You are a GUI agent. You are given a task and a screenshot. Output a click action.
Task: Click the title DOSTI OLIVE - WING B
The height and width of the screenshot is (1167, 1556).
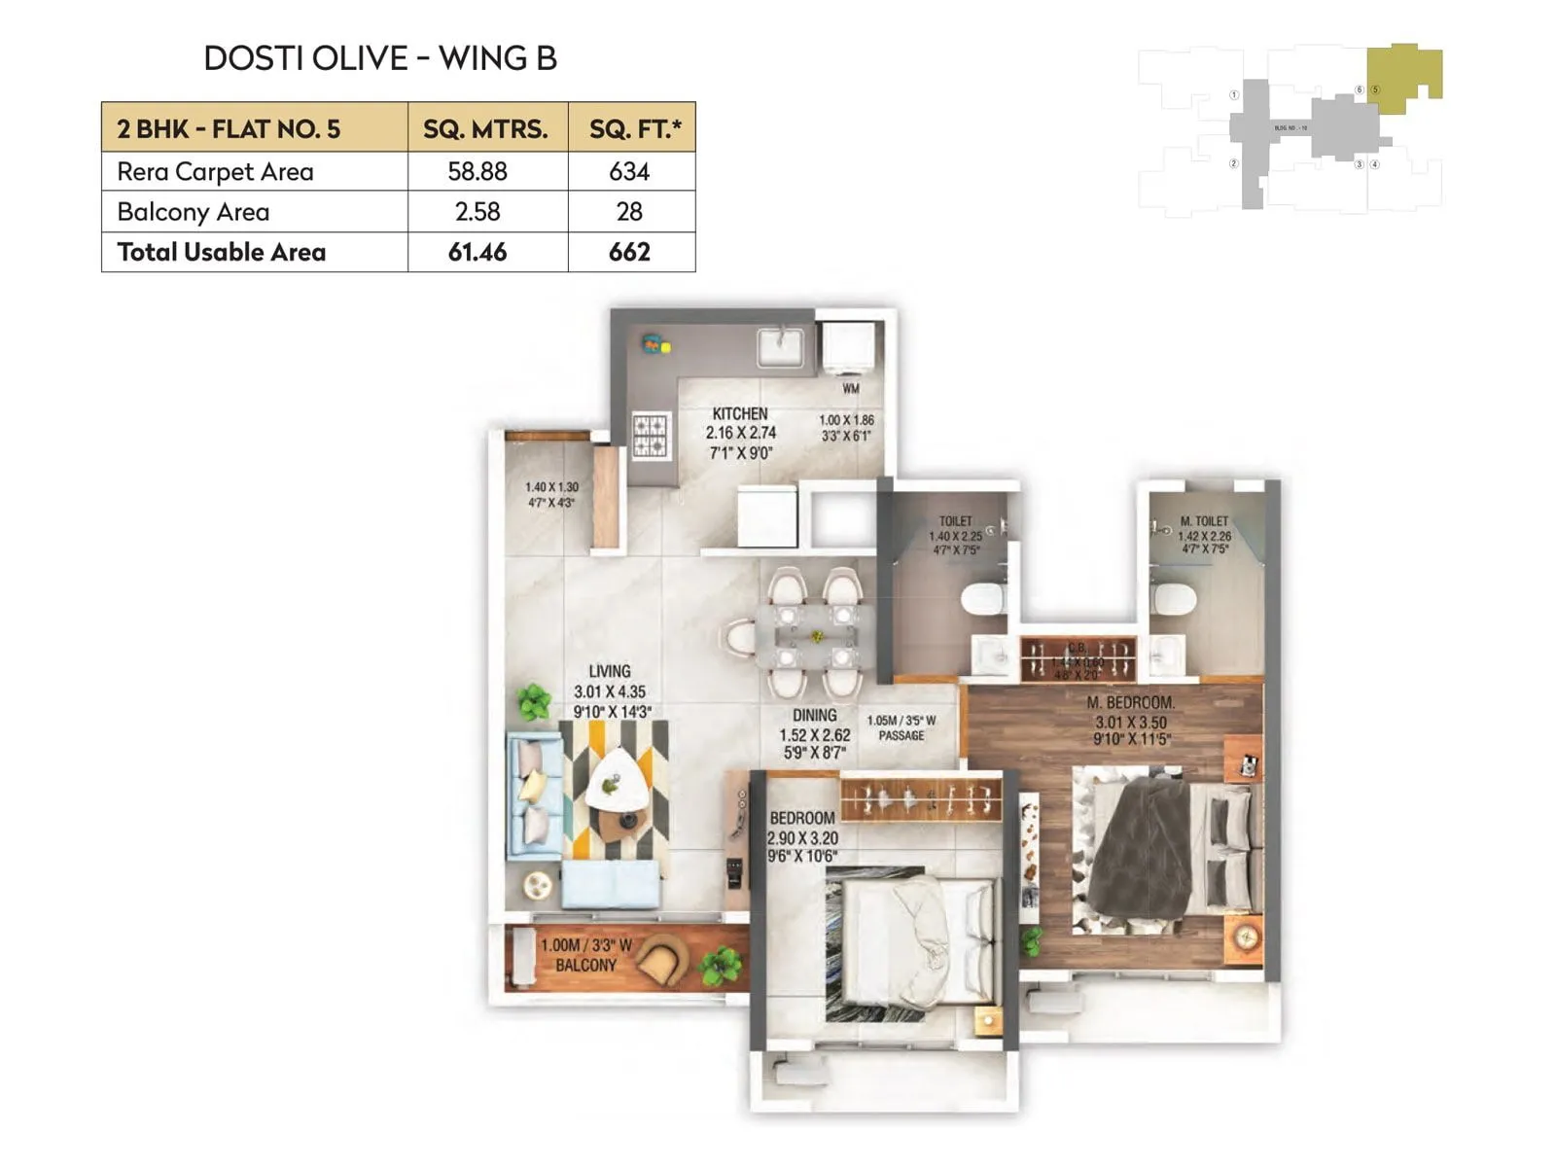pyautogui.click(x=380, y=58)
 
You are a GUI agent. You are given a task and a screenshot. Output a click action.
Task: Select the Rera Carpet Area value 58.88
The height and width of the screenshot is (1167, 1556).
pyautogui.click(x=477, y=171)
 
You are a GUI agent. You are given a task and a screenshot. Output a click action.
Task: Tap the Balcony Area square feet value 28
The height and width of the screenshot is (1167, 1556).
pyautogui.click(x=629, y=211)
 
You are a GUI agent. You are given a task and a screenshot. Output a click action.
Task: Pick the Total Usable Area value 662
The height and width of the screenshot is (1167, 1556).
pyautogui.click(x=629, y=252)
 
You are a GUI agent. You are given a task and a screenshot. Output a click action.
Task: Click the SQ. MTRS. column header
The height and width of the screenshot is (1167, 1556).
pyautogui.click(x=485, y=128)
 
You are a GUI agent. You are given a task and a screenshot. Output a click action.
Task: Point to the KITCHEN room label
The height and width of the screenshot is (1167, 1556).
pyautogui.click(x=739, y=413)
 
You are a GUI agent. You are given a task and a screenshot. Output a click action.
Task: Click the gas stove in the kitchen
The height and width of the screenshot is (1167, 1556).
pyautogui.click(x=650, y=436)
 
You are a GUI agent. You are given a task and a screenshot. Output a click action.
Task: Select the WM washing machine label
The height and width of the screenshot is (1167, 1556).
pyautogui.click(x=851, y=388)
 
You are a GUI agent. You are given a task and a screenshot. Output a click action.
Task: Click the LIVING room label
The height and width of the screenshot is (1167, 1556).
pyautogui.click(x=609, y=671)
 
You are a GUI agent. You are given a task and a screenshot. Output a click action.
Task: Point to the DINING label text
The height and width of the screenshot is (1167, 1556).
pyautogui.click(x=814, y=715)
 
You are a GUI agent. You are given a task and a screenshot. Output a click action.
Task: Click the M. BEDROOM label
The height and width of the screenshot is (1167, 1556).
pyautogui.click(x=1131, y=702)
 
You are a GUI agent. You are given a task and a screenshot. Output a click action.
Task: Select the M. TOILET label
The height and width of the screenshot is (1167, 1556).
pyautogui.click(x=1204, y=521)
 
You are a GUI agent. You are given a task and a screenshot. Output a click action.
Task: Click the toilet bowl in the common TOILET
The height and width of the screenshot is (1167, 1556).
pyautogui.click(x=982, y=597)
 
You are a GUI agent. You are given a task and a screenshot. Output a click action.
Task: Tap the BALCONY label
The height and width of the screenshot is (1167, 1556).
pyautogui.click(x=585, y=966)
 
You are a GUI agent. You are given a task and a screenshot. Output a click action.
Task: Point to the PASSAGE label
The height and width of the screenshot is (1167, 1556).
pyautogui.click(x=902, y=736)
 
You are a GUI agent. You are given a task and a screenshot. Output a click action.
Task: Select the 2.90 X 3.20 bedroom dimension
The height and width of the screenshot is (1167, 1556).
pyautogui.click(x=802, y=838)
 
